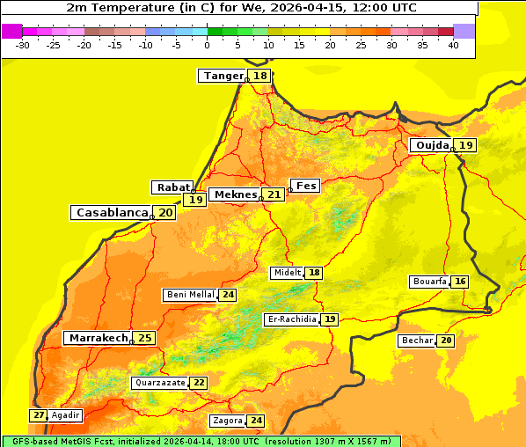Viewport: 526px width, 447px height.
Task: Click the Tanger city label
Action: pos(223,76)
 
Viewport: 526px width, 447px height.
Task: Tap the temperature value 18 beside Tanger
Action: pos(260,76)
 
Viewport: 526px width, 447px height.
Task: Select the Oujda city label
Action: pos(432,145)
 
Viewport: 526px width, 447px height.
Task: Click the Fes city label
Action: pos(306,186)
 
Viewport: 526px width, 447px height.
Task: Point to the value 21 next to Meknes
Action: pos(274,194)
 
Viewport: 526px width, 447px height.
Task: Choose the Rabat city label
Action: pos(172,187)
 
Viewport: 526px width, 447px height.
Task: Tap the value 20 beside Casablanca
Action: pos(165,213)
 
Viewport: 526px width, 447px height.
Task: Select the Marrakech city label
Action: pos(98,338)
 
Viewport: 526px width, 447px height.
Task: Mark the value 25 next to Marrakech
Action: pos(144,338)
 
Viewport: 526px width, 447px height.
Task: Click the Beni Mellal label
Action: pos(190,295)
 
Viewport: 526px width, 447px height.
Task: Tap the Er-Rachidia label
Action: pos(291,319)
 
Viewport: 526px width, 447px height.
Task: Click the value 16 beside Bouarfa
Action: pos(460,282)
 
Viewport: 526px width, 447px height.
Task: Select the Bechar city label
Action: pos(417,341)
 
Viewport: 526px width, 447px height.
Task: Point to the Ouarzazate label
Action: pos(160,383)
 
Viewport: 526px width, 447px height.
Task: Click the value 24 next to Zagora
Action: pos(256,421)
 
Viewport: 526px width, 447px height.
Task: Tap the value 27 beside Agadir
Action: pos(39,415)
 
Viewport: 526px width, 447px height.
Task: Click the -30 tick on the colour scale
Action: pos(23,45)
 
